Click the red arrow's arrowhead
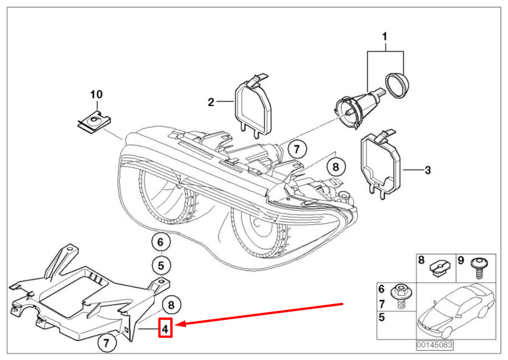coord(180,324)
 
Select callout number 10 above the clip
coord(96,95)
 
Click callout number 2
coord(211,102)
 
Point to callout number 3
coord(428,170)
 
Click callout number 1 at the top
coord(385,36)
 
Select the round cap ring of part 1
coord(397,85)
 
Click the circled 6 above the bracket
coord(161,242)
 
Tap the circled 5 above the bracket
coord(161,266)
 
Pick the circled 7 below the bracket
coord(107,342)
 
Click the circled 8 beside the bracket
coord(171,305)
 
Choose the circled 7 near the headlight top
coord(297,149)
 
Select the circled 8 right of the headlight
coord(336,167)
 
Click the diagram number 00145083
coord(434,344)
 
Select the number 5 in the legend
coord(382,317)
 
